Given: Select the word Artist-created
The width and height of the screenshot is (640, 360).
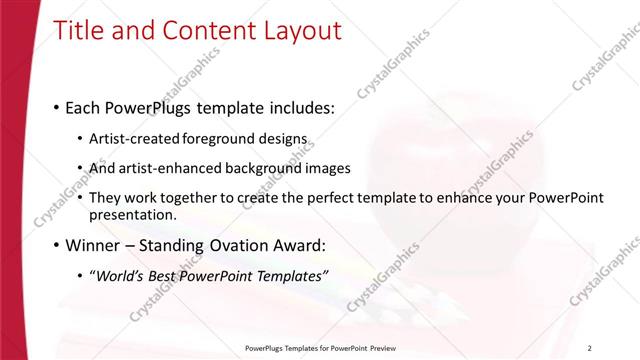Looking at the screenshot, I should (x=132, y=140).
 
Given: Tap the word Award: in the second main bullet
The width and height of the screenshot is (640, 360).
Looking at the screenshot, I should (x=297, y=244).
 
